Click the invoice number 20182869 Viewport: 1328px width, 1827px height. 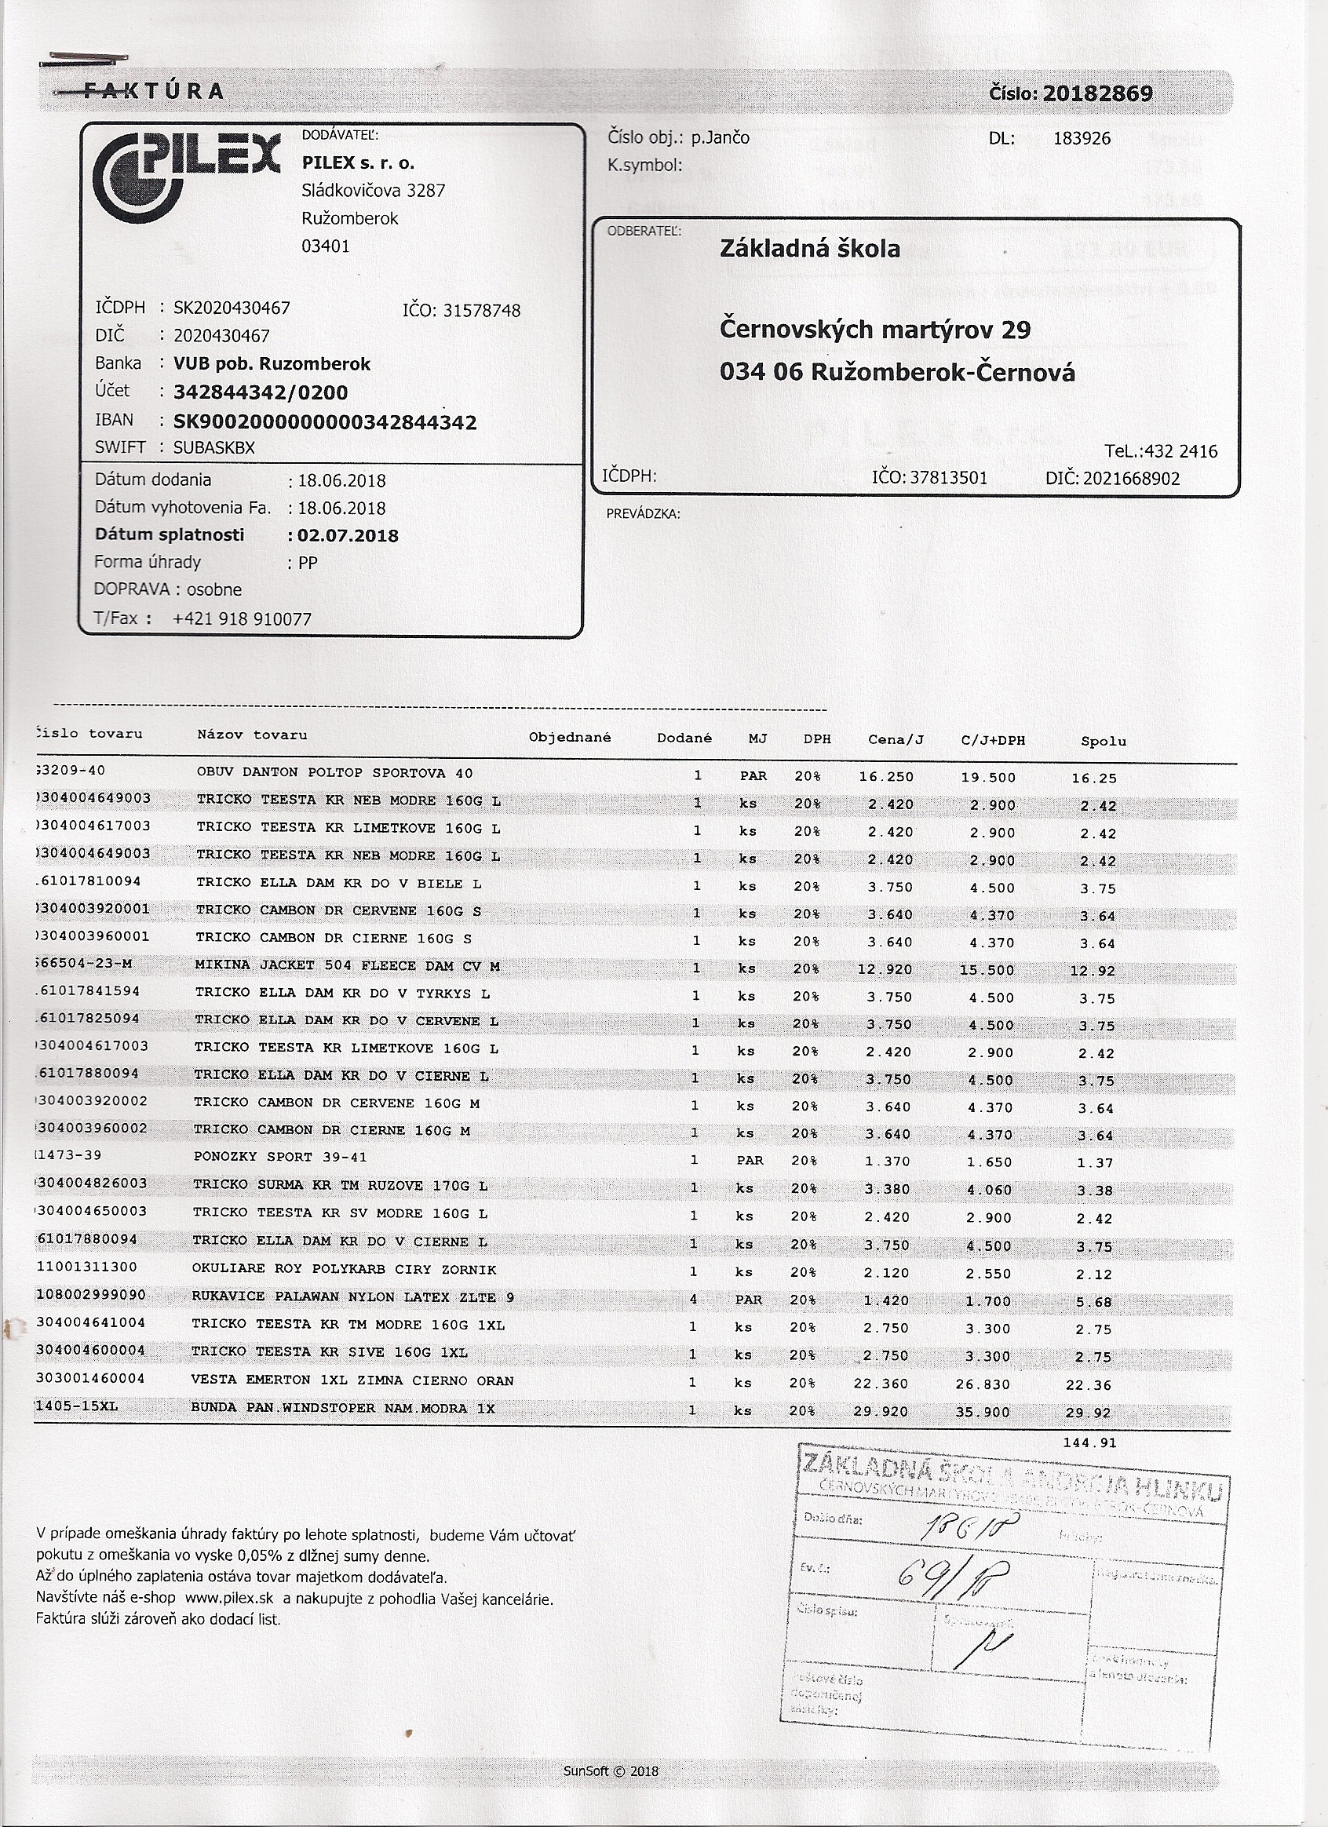pos(1097,94)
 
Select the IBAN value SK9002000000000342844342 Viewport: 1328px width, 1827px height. pos(325,422)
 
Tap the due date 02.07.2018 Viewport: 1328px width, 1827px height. pos(348,536)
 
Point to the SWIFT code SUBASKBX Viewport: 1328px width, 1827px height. pos(213,448)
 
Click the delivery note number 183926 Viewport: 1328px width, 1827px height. pos(1082,139)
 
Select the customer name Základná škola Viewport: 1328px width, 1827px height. pos(809,249)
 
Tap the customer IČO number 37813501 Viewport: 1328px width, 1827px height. pos(947,479)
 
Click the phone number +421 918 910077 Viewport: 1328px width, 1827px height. pos(242,618)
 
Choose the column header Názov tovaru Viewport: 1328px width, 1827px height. pos(251,735)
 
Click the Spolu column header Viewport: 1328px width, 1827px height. pos(1104,741)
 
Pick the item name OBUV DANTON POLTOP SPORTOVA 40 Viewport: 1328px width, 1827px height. pos(334,772)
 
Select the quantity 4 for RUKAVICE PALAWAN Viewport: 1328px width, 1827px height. pos(693,1299)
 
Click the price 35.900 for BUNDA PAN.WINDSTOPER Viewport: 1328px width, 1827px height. pos(988,1411)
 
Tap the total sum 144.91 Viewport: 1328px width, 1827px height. pos(1089,1442)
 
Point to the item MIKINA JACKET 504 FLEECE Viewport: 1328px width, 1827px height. pos(346,965)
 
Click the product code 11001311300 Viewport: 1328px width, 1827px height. pos(87,1267)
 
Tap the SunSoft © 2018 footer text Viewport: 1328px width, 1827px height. pos(611,1770)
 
